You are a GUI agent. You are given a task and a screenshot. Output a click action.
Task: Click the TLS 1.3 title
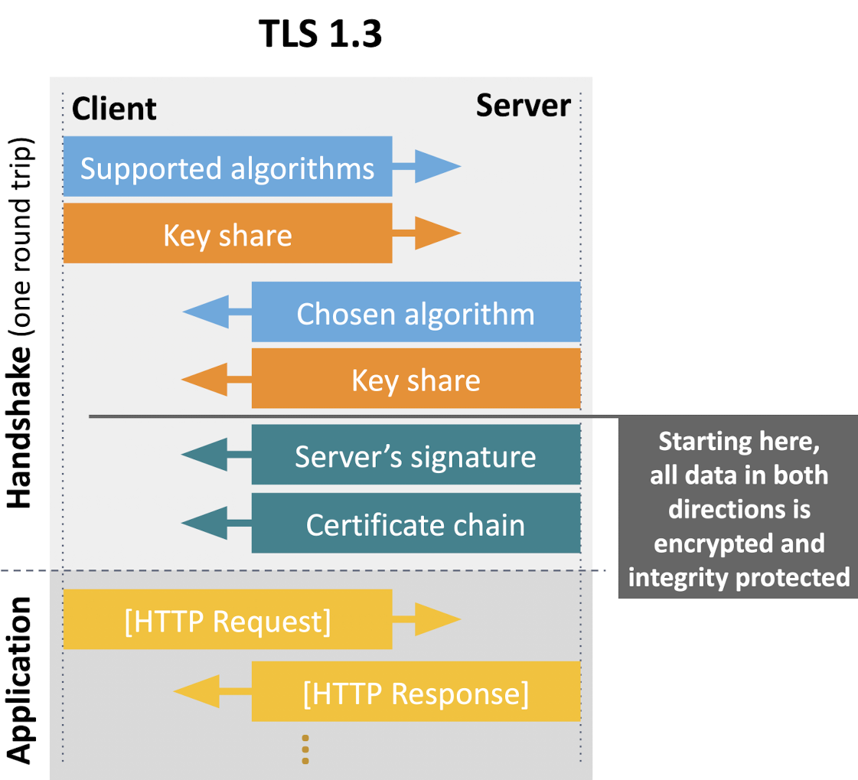tap(320, 35)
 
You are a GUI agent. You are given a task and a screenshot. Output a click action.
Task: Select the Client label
tap(114, 109)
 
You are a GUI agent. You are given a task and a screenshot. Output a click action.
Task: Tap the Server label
tap(523, 105)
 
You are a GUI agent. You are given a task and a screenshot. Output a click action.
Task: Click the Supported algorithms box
tap(227, 167)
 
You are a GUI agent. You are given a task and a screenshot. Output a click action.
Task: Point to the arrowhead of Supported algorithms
tap(439, 167)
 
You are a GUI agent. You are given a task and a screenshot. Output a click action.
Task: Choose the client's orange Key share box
tap(227, 233)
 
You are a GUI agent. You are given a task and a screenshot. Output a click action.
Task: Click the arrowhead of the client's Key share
tap(439, 233)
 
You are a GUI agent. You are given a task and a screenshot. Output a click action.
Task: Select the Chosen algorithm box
tap(416, 312)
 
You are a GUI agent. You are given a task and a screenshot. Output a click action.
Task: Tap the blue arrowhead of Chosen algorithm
tap(205, 312)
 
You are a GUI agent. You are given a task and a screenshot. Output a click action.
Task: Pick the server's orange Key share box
tap(416, 380)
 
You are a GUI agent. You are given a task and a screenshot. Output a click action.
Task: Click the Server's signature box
tap(416, 455)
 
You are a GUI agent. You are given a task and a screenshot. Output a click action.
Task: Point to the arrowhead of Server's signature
tap(204, 455)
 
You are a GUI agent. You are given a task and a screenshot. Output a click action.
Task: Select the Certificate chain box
tap(416, 524)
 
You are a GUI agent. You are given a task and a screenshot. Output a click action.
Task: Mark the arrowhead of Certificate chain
tap(204, 524)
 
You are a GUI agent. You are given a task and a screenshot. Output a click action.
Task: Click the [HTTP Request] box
tap(227, 620)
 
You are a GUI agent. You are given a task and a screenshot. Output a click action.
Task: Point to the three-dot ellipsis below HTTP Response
tap(305, 749)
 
